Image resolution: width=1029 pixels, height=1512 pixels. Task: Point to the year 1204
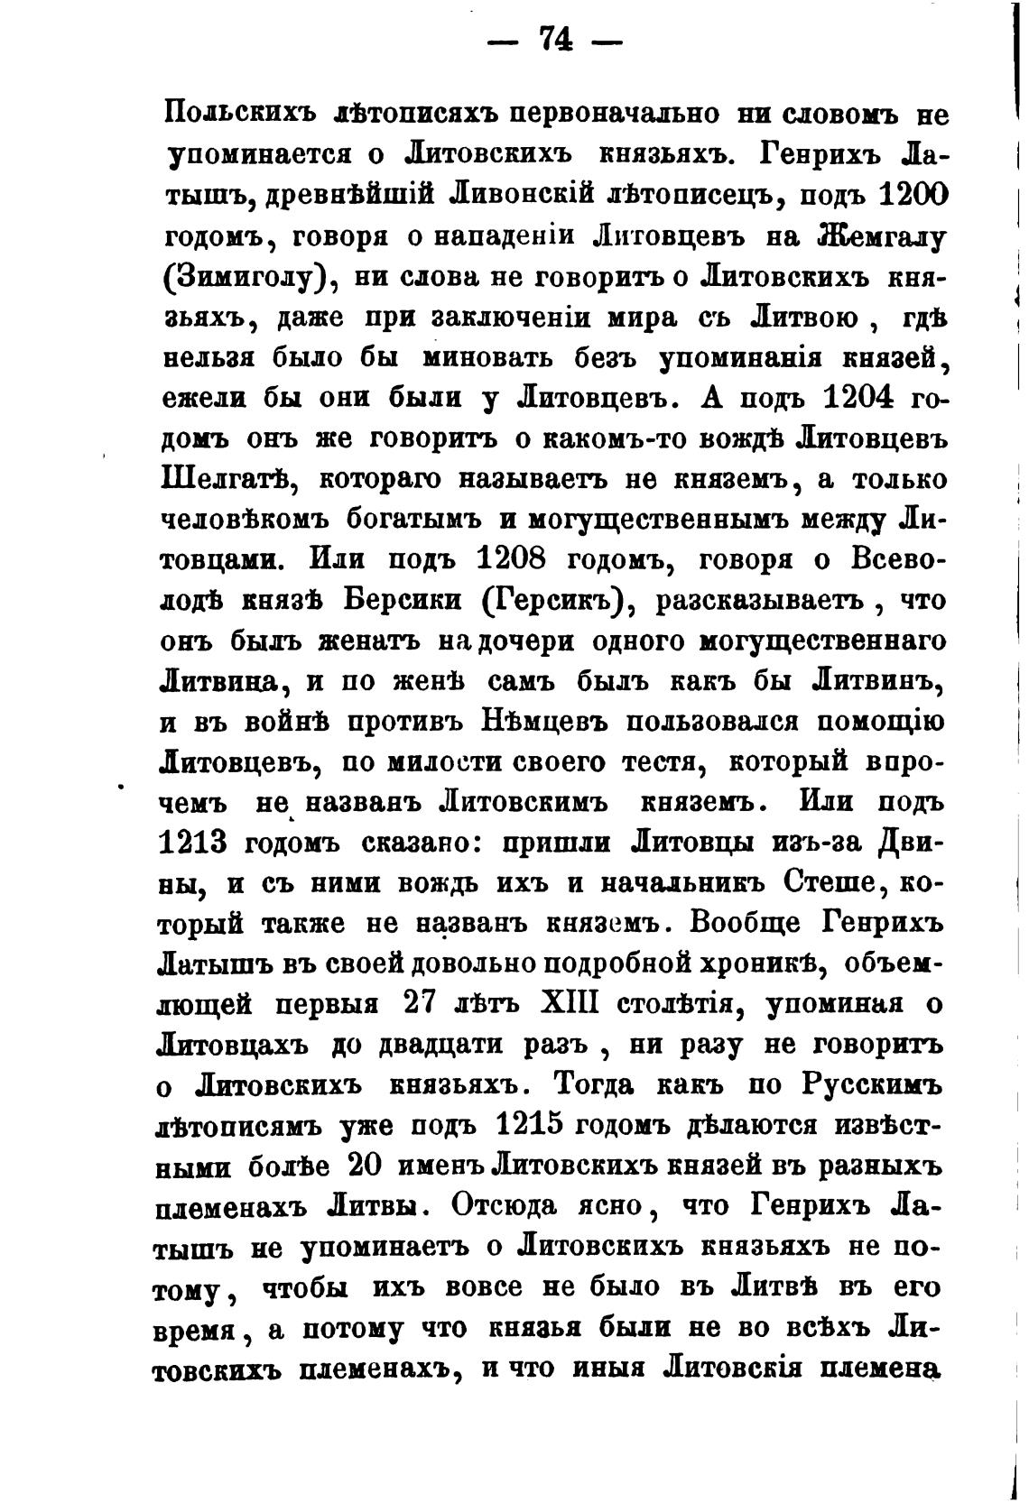click(x=863, y=397)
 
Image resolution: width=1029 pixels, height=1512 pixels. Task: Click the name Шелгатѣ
click(x=221, y=477)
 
